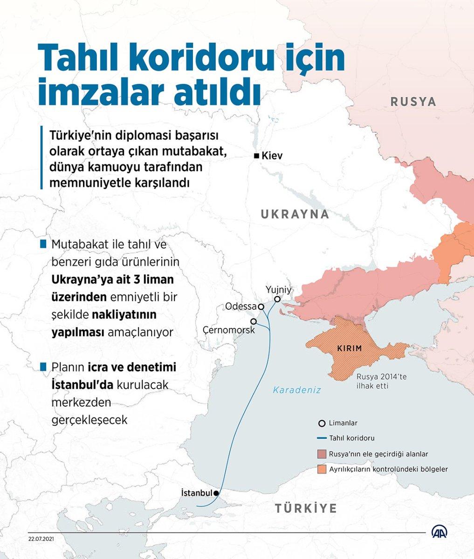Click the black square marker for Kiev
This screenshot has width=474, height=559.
[256, 156]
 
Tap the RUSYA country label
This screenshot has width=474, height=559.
[413, 102]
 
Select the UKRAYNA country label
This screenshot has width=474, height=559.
[295, 214]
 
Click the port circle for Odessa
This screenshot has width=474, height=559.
[261, 307]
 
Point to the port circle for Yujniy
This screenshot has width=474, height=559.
[277, 300]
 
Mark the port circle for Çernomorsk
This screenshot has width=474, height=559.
[254, 321]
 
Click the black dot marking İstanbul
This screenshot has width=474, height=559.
[216, 492]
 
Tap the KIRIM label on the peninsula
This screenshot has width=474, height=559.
[349, 348]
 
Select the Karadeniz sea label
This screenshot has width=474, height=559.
[297, 390]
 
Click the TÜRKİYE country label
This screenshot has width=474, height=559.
[305, 508]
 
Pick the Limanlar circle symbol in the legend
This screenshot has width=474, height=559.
[321, 423]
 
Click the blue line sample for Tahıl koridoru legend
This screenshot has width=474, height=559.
[321, 438]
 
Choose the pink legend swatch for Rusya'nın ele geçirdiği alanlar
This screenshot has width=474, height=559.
[321, 454]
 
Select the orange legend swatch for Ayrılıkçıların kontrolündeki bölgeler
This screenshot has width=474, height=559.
[321, 469]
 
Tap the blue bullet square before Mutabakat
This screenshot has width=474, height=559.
[44, 244]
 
